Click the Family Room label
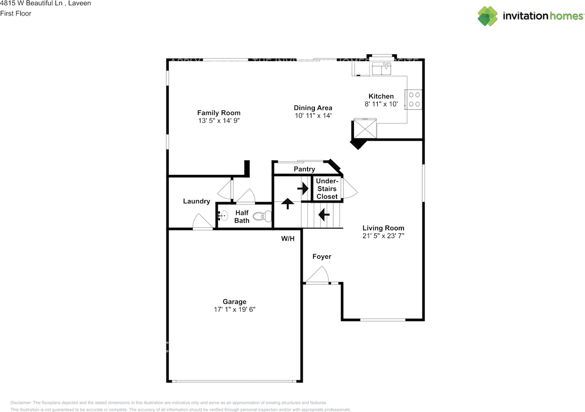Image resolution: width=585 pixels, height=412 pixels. [x=218, y=112]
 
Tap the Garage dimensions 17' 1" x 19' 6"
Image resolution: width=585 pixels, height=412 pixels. [x=234, y=309]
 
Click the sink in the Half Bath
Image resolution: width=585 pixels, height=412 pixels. [x=223, y=216]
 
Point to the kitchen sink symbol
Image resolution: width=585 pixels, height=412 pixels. [x=381, y=69]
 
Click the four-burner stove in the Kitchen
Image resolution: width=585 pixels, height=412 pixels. [x=415, y=99]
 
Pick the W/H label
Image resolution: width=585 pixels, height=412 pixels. [x=287, y=239]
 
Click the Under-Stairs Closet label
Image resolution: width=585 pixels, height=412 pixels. [x=327, y=189]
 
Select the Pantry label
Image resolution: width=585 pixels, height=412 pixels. [x=304, y=169]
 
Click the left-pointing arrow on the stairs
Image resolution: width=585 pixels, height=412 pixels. [x=324, y=213]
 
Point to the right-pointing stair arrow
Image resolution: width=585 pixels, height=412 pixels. [x=303, y=188]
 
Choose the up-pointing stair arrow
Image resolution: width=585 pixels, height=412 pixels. [x=287, y=203]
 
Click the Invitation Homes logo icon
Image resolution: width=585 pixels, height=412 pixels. [x=488, y=16]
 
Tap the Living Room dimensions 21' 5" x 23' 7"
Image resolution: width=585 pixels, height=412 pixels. [x=383, y=236]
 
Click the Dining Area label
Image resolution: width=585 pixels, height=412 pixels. [x=313, y=108]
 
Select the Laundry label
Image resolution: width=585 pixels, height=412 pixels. [x=197, y=201]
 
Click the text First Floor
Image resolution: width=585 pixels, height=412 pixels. [x=16, y=13]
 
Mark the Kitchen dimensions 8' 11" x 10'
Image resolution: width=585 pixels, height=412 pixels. [x=381, y=104]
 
